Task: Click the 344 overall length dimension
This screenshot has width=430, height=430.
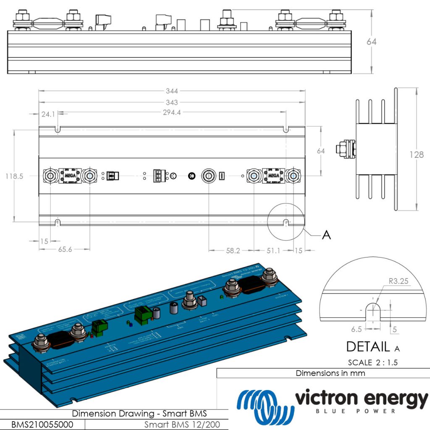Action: [172, 91]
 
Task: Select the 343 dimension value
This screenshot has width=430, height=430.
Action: [172, 102]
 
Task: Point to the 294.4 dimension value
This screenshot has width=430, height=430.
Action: [172, 113]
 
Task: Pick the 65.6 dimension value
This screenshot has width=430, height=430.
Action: [65, 249]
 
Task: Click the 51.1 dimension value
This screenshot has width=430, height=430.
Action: [274, 251]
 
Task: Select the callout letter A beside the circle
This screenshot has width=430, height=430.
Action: [326, 236]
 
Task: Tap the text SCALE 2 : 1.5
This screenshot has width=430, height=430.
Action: [373, 362]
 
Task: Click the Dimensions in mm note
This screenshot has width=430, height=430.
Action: [330, 373]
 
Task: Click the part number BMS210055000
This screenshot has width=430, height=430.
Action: [42, 425]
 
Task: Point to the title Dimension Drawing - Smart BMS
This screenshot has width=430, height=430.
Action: [139, 414]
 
